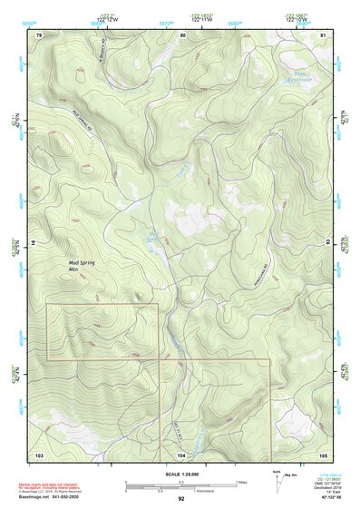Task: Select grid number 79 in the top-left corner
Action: coord(39,34)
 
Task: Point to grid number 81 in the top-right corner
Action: coord(324,34)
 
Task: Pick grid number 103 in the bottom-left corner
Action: coord(39,454)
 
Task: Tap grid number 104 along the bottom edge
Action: coord(181,454)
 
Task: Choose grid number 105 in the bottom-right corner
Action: coord(323,454)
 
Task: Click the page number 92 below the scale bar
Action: coord(181,498)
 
